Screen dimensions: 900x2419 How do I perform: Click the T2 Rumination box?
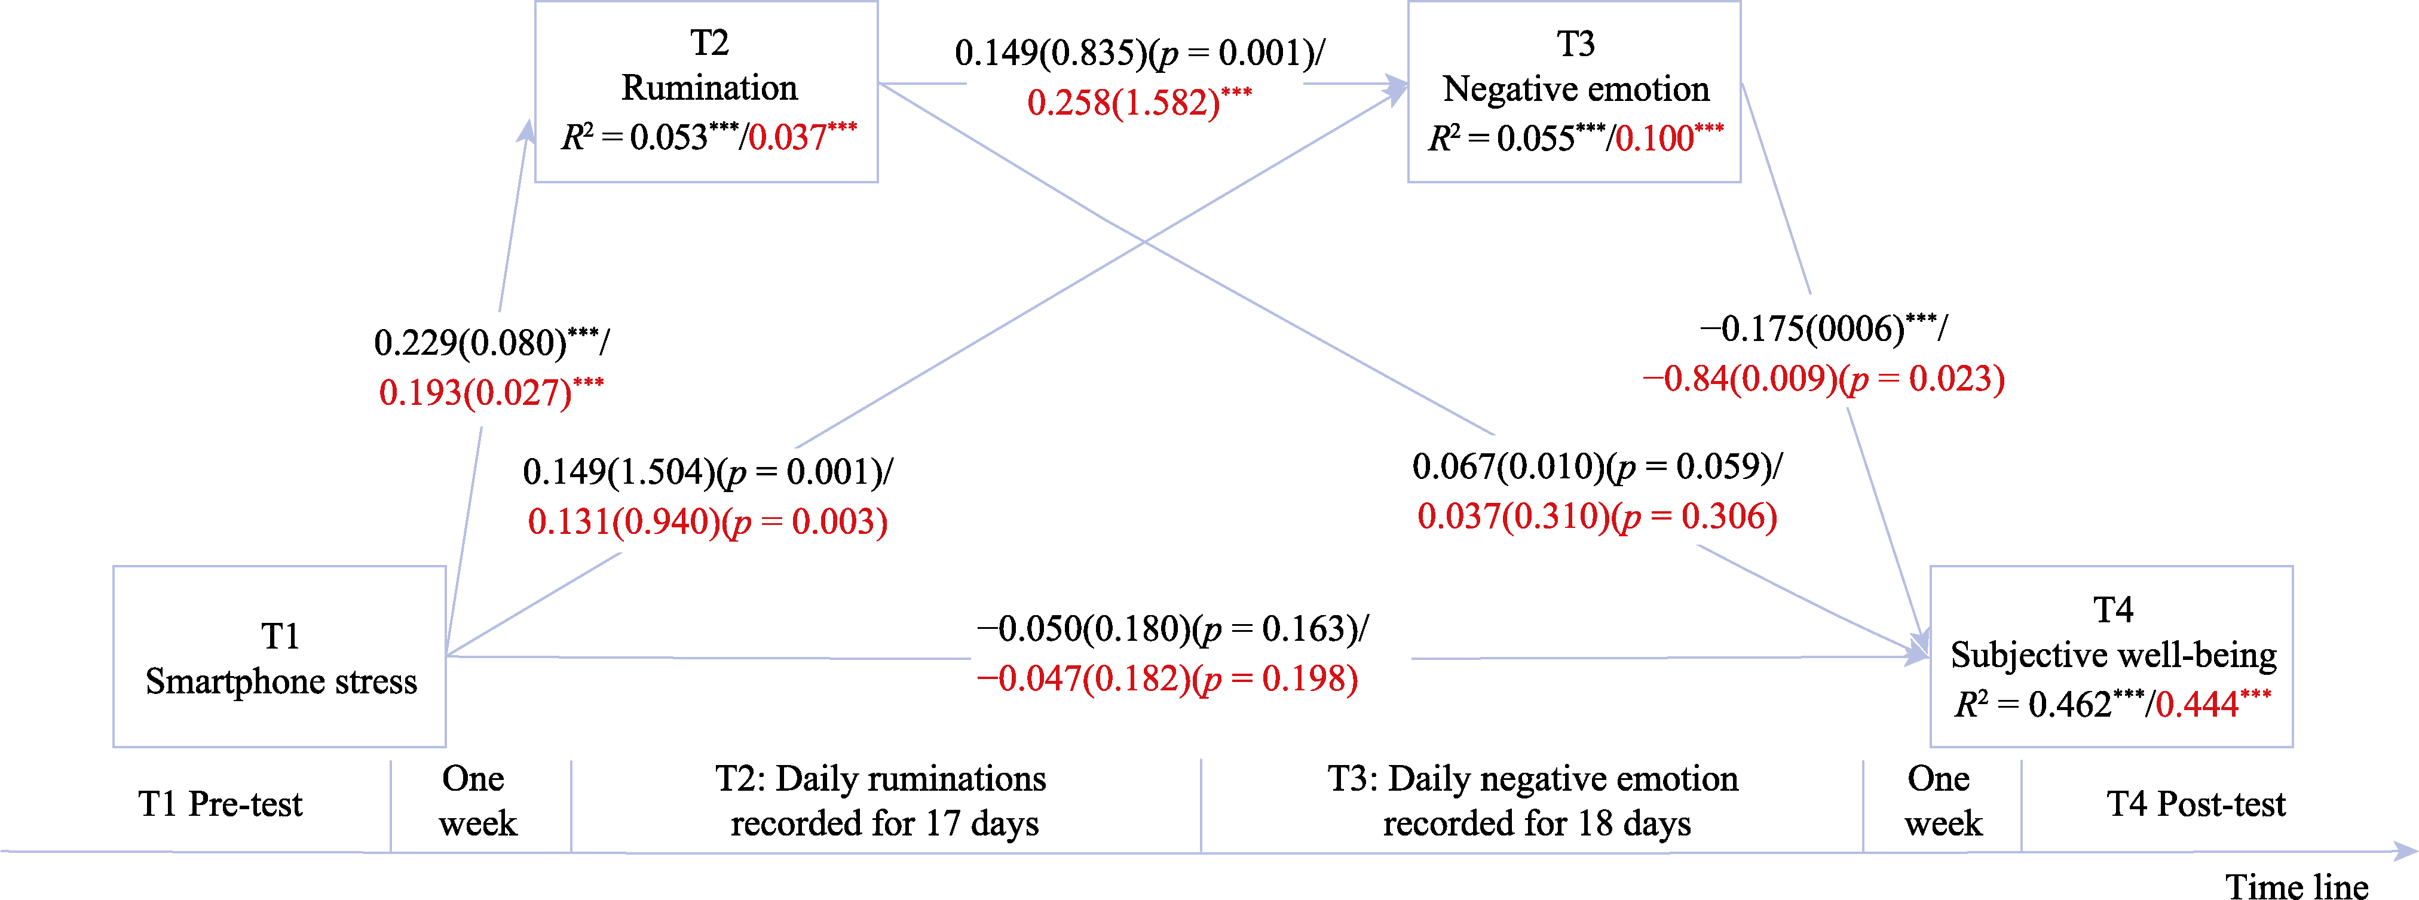click(706, 91)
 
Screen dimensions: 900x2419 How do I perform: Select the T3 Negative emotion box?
click(1574, 91)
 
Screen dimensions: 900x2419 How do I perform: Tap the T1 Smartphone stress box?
click(280, 657)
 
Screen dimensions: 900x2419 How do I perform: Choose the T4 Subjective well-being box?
click(2111, 657)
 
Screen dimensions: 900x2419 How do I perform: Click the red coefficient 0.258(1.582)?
click(1138, 102)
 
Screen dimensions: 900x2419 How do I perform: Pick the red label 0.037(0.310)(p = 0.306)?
click(1596, 516)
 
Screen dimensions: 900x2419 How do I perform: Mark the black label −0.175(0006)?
click(1823, 328)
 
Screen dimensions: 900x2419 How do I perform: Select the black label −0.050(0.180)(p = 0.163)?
click(1172, 629)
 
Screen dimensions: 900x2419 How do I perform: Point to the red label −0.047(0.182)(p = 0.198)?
click(1167, 678)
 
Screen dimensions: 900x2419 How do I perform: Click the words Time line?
click(2296, 886)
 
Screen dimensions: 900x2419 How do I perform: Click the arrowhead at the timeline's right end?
click(2406, 851)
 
